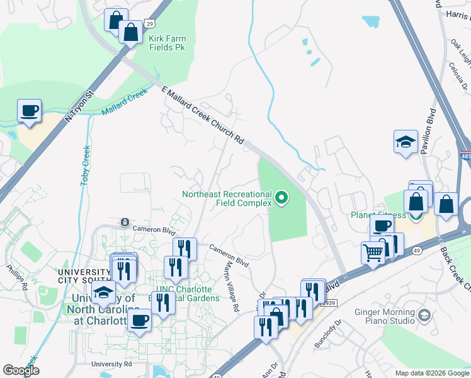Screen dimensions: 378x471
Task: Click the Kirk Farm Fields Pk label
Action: point(167,43)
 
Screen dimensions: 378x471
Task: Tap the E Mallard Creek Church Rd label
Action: point(203,115)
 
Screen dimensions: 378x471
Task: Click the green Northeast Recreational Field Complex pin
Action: point(281,200)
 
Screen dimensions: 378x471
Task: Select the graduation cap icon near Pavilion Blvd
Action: point(406,143)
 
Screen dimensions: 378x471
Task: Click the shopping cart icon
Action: point(373,253)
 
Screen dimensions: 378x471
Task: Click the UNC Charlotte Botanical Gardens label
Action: point(188,294)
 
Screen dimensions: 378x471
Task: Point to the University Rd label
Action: point(111,364)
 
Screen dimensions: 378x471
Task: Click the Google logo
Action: point(21,370)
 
